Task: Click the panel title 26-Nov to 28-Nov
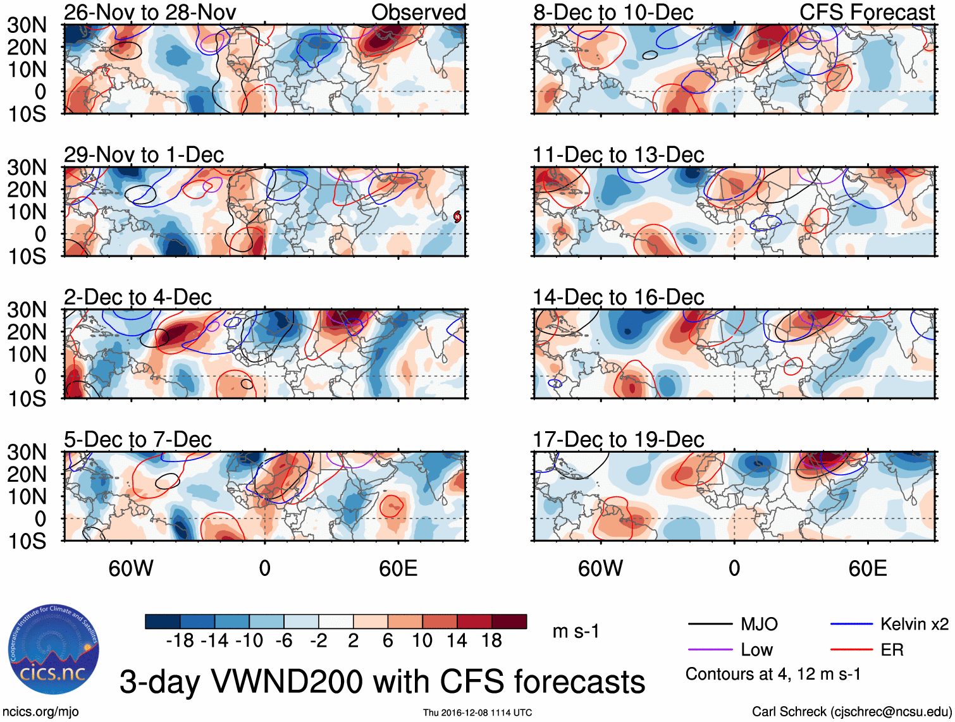coord(150,12)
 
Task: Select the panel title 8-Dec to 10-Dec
coord(613,12)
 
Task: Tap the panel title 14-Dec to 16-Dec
coord(618,297)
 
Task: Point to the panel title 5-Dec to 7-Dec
coord(138,439)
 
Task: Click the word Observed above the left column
coord(418,12)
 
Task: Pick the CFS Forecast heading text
coord(866,12)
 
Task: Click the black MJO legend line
coord(710,625)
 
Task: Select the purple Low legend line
coord(710,650)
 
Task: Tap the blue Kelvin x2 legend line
coord(851,625)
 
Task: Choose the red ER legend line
coord(851,650)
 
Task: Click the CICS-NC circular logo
coord(54,649)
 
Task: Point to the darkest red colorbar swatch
coord(508,621)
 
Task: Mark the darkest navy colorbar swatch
coord(163,621)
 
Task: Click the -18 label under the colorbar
coord(180,641)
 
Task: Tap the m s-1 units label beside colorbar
coord(576,631)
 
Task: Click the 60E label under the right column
coord(867,568)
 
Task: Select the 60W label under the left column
coord(131,568)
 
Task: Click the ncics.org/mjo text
coord(40,712)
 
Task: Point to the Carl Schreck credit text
coord(851,712)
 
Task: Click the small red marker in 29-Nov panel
coord(457,217)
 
